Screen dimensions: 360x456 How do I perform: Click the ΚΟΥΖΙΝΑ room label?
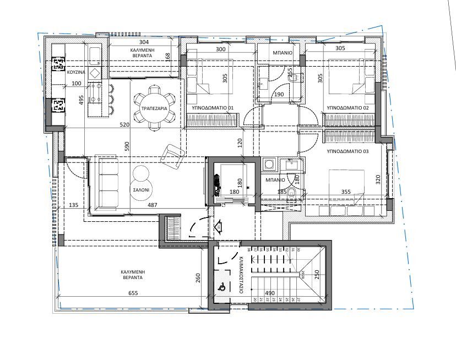(75, 73)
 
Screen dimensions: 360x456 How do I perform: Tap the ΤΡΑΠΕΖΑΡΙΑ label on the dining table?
(155, 108)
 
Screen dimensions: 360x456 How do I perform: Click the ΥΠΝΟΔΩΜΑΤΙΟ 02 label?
(348, 108)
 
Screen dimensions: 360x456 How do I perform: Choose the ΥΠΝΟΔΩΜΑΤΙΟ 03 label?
(348, 150)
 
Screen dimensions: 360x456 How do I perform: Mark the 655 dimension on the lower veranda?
(133, 293)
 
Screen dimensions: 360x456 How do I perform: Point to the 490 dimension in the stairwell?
(270, 293)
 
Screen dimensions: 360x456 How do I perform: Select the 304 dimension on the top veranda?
(144, 42)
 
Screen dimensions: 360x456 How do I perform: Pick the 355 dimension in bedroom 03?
(346, 192)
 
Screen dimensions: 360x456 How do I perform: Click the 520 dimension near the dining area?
(124, 125)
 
